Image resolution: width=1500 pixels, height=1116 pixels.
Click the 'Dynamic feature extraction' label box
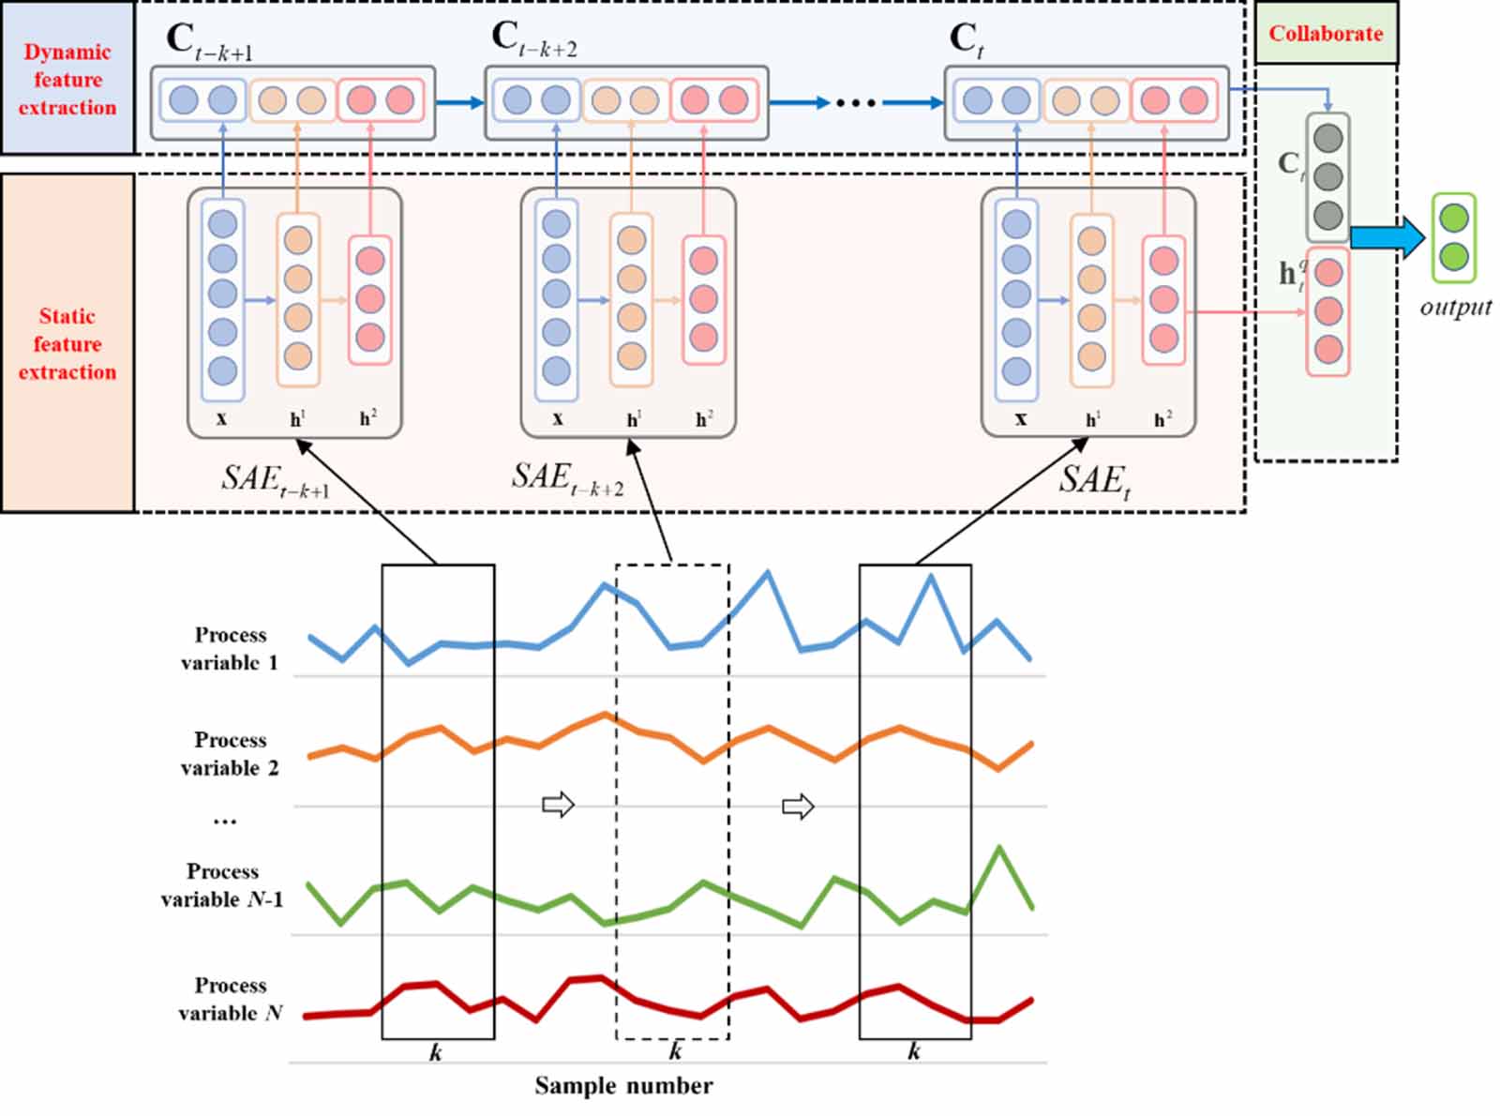point(67,79)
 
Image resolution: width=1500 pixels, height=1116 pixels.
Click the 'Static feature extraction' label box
point(67,343)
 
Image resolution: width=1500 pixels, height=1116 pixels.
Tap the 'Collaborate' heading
point(1326,34)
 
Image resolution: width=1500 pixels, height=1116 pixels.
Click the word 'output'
point(1455,308)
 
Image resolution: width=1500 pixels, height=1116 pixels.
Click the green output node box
point(1454,237)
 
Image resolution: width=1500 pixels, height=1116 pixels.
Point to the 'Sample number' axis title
point(623,1086)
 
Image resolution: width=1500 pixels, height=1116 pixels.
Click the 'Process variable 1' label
point(230,648)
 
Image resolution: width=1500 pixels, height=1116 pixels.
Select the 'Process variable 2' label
point(230,753)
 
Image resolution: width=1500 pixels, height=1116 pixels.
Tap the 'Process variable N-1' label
point(222,884)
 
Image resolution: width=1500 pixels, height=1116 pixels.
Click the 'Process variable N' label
point(230,999)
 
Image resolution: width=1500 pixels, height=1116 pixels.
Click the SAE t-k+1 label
point(274,480)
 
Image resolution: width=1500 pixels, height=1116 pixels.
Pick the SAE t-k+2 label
point(565,478)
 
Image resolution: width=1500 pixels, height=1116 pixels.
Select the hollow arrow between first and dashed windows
point(558,805)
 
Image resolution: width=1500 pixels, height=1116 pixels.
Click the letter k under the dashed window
point(674,1051)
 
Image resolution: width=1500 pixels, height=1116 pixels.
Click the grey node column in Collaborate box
point(1327,177)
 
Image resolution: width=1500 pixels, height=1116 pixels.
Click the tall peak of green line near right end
point(999,849)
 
